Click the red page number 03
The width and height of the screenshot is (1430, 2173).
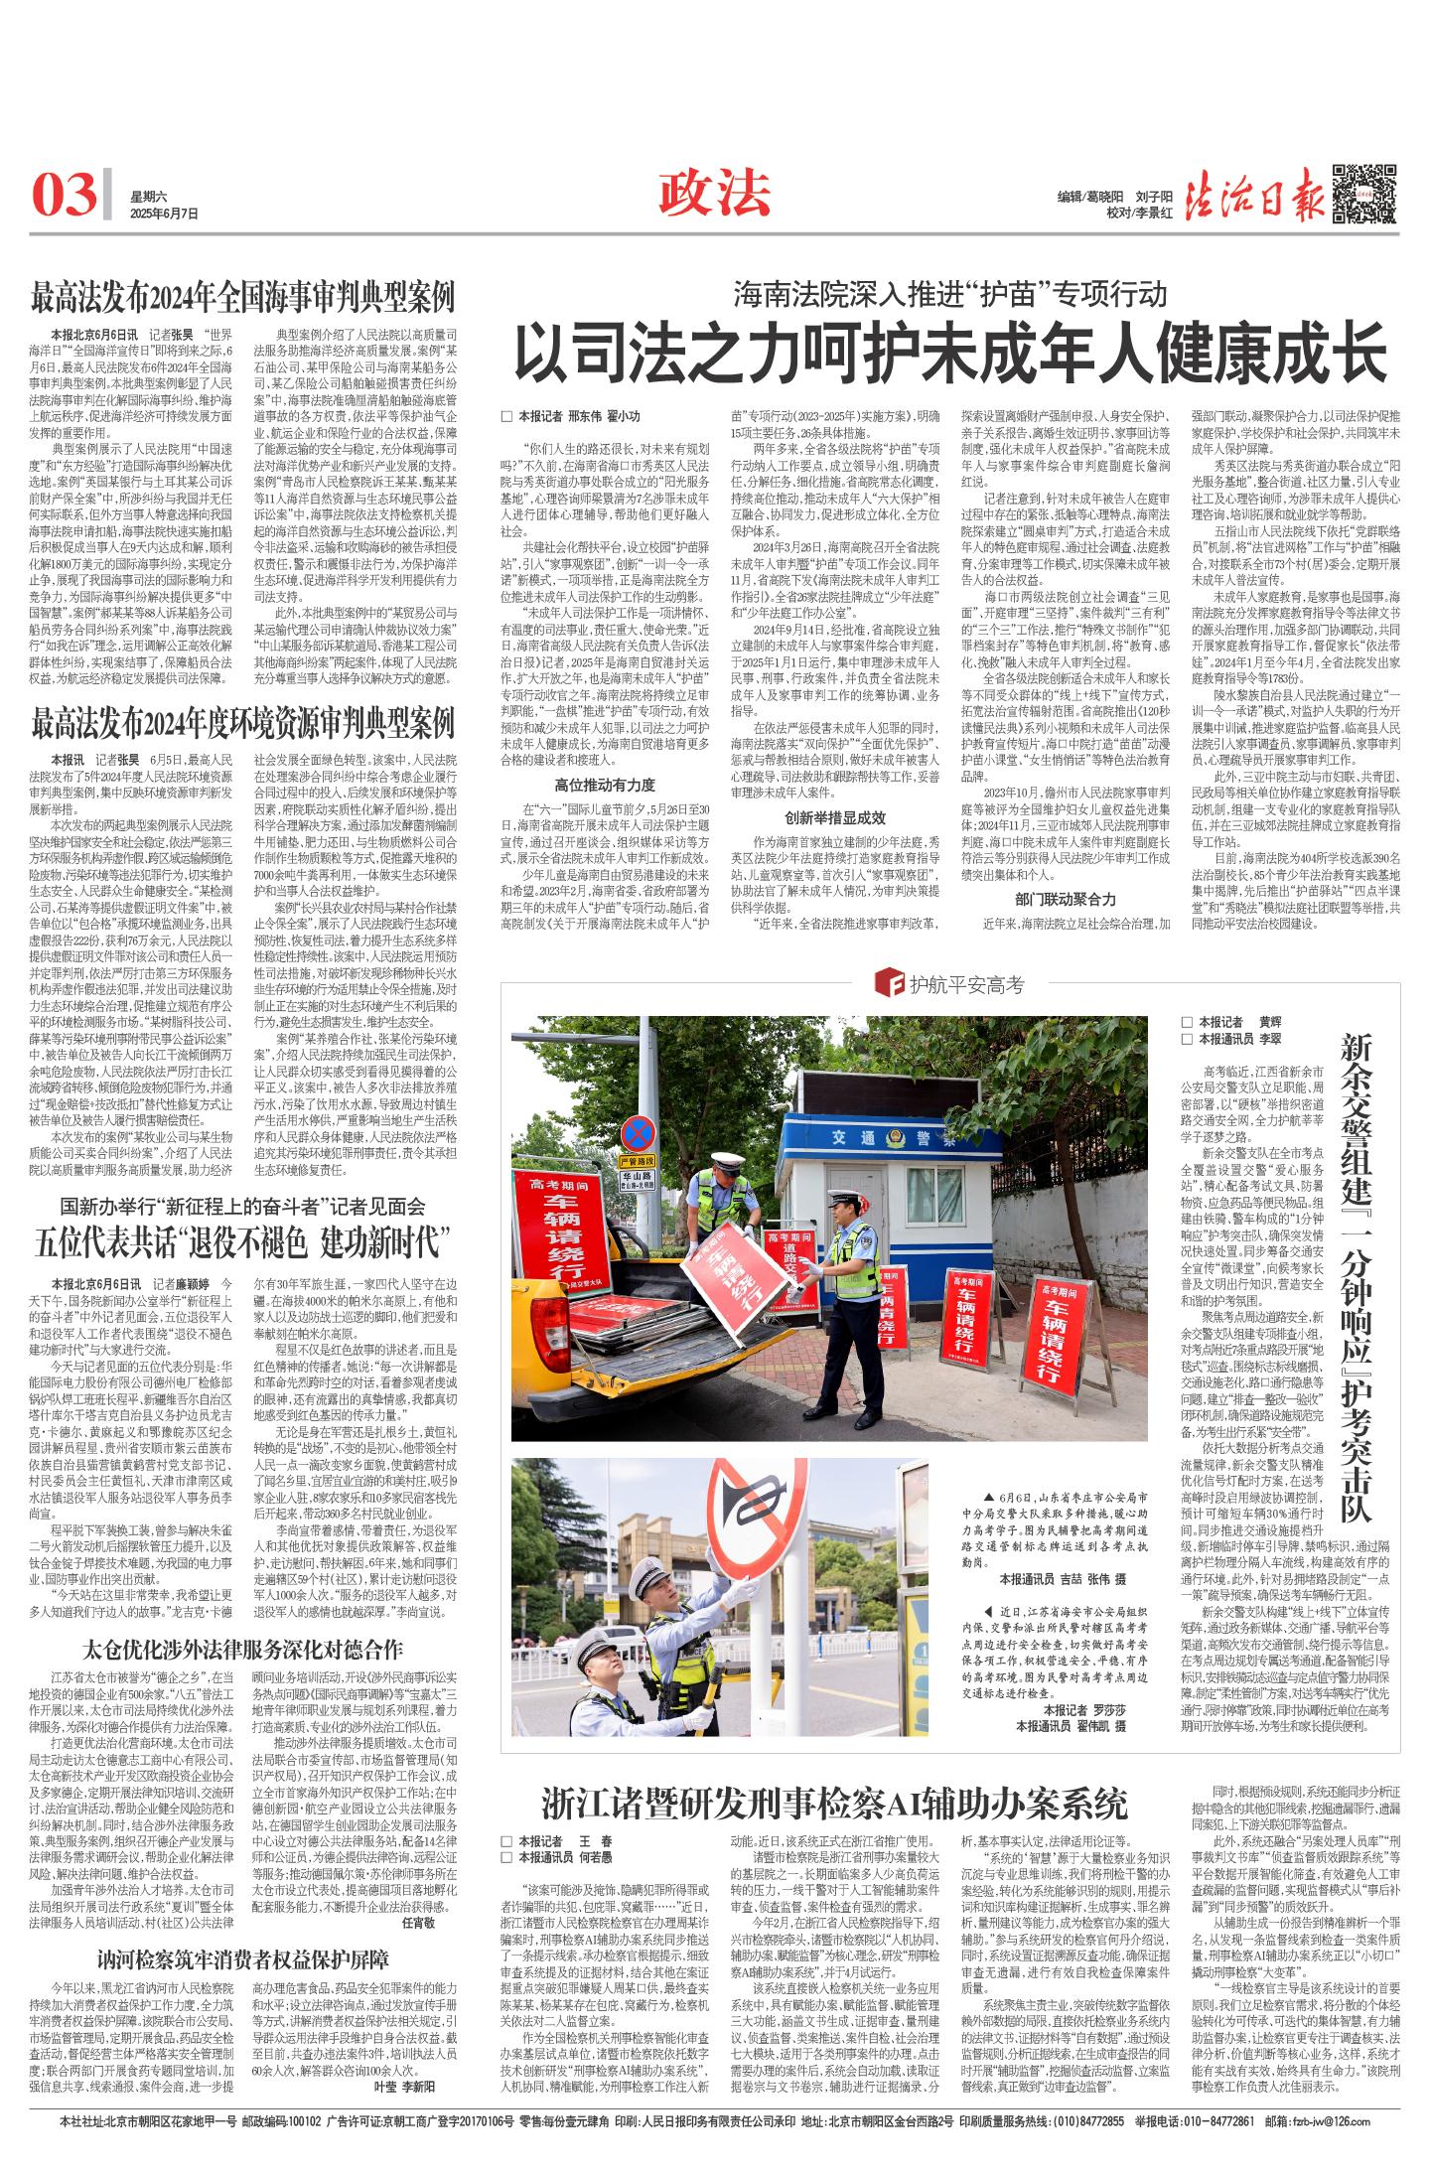point(66,193)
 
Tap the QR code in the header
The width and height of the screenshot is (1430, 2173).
point(1364,192)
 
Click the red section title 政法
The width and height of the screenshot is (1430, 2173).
point(714,191)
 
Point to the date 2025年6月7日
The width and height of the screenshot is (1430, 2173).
point(164,213)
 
